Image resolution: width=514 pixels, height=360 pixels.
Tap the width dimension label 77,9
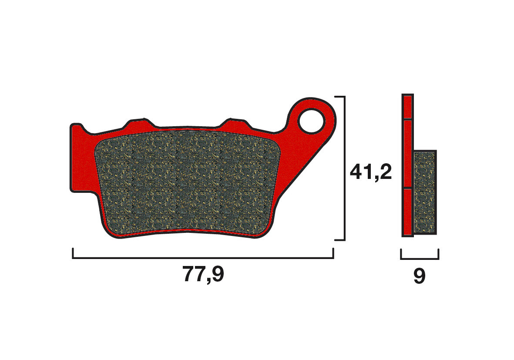203,274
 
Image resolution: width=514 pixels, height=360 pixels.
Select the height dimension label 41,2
371,172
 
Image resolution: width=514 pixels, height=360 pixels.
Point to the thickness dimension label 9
419,276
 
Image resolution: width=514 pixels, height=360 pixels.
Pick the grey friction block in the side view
425,192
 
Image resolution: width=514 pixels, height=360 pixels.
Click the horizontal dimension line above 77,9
203,258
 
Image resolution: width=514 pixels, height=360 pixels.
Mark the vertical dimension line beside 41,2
345,168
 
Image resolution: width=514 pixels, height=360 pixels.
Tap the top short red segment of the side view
407,107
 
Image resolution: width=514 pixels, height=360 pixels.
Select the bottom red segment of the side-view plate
407,212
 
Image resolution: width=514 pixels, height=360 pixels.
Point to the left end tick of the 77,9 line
73,253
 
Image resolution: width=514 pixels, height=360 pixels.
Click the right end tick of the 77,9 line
333,253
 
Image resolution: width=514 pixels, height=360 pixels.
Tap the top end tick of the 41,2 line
339,97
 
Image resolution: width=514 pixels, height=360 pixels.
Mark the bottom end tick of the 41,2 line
339,240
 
